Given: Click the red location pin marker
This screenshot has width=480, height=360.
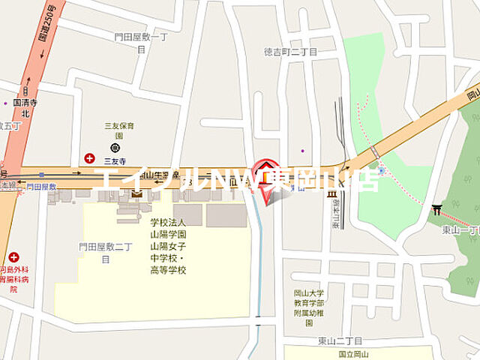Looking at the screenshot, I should coord(266,177).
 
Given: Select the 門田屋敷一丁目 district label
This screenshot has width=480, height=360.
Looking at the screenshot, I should coord(139,42).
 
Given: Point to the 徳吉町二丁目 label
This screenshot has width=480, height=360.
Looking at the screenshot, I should coord(290,52).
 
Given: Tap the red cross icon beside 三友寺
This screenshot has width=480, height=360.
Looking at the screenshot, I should coord(89,158).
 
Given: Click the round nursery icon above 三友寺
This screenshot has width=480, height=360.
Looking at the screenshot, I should coord(113,147).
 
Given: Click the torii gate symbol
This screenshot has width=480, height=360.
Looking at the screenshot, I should coord(436,209).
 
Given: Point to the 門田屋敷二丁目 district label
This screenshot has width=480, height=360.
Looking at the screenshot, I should coord(105,252).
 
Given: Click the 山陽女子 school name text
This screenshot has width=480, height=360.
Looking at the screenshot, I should coord(169,246).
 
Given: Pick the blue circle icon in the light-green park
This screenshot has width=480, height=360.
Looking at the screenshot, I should coord(381,170).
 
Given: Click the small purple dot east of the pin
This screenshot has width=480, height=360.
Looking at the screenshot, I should coord(303,150).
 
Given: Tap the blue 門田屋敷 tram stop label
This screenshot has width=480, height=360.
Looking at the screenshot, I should coord(41,185).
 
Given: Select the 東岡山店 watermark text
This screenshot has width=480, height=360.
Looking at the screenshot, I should coord(331,180).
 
